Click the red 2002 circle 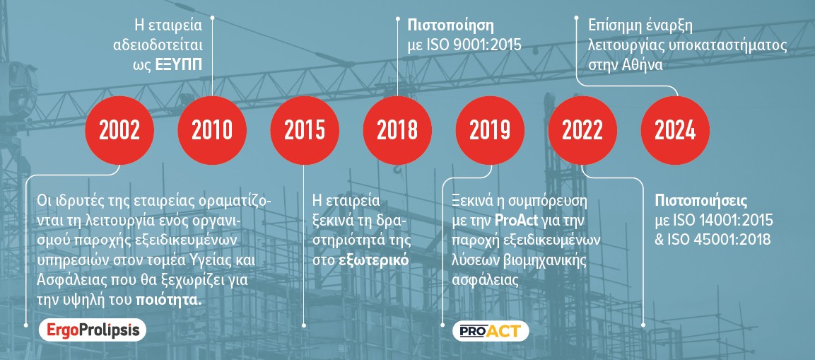(119, 131)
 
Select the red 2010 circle (212, 131)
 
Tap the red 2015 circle (305, 131)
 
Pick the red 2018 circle (397, 131)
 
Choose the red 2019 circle (490, 131)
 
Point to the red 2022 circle (582, 131)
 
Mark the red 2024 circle (675, 131)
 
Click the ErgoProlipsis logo (93, 330)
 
